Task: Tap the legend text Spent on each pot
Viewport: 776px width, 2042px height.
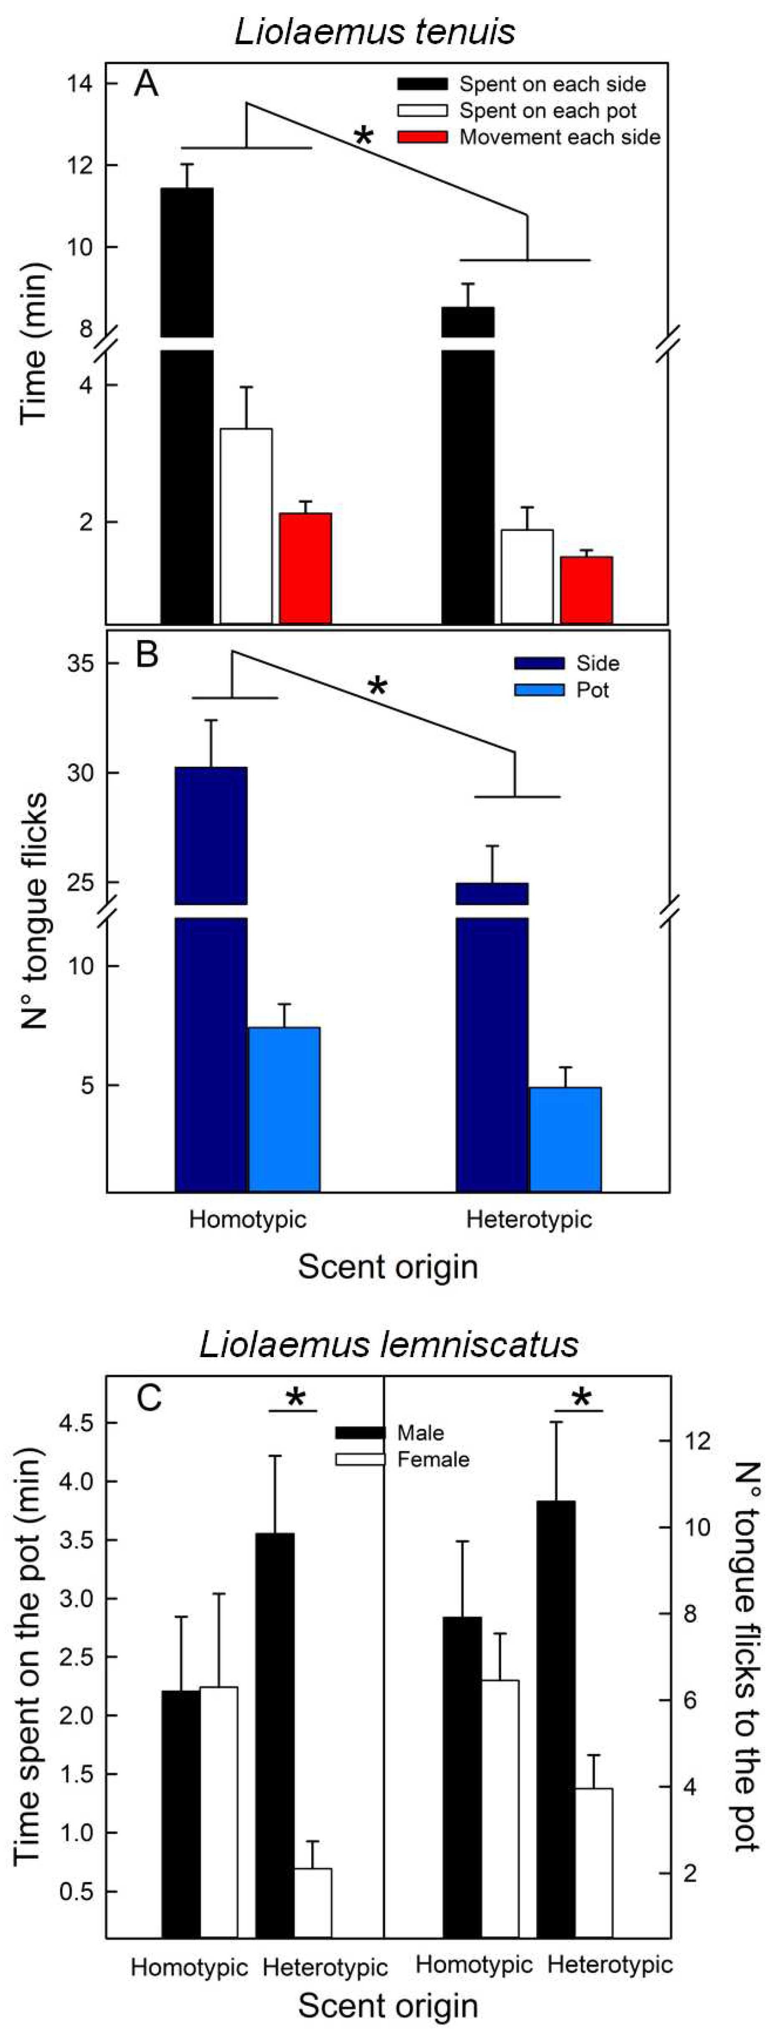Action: pos(548,111)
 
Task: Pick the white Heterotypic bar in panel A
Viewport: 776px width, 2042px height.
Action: pos(527,576)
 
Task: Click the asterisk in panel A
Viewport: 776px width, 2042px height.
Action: pos(363,136)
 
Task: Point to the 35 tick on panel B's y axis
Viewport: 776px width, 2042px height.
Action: pos(81,664)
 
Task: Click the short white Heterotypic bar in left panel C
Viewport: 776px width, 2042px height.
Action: pos(313,1902)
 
